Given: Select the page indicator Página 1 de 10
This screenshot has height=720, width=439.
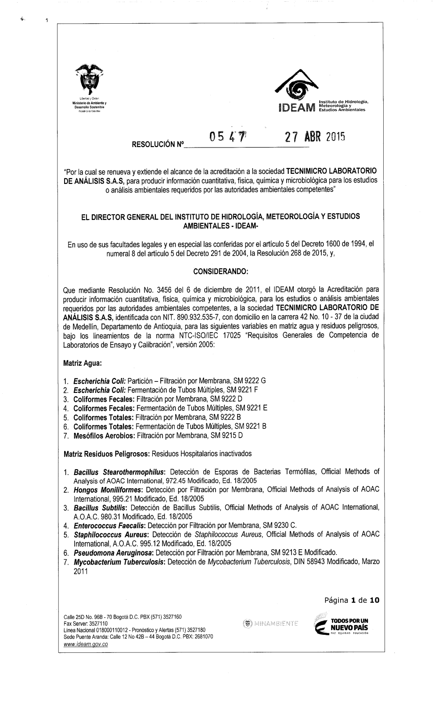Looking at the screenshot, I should click(352, 600).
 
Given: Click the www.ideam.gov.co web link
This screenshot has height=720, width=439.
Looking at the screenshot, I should click(86, 644).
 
